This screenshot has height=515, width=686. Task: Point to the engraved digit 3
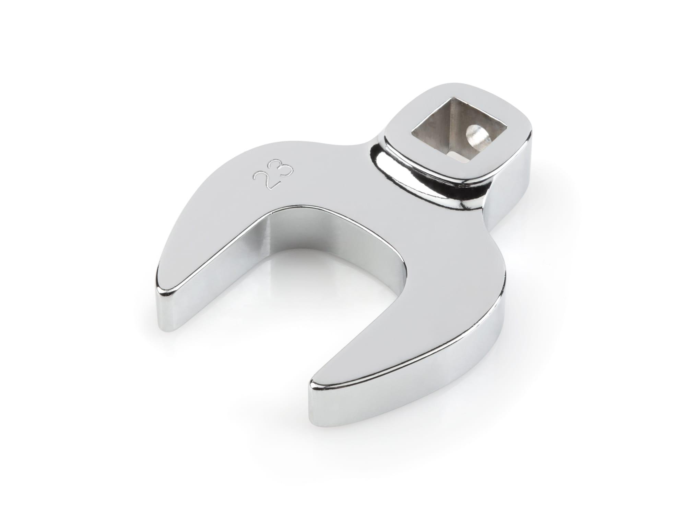click(283, 171)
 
